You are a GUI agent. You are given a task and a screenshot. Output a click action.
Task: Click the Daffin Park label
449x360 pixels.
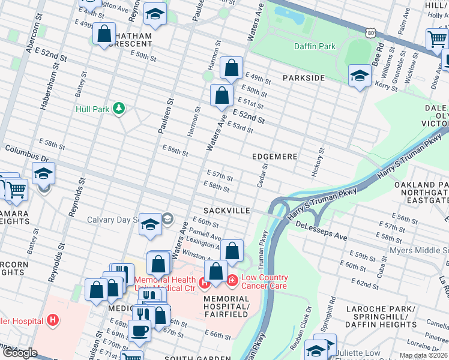[x=315, y=46]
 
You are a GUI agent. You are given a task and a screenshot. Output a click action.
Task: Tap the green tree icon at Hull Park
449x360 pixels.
[x=119, y=108]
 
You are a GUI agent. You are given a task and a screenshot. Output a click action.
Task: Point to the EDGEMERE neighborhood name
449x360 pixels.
[x=274, y=157]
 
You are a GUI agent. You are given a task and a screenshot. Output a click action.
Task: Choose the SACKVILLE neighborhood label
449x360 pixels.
[x=226, y=211]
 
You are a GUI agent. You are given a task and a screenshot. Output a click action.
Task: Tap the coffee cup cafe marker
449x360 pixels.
[x=139, y=329]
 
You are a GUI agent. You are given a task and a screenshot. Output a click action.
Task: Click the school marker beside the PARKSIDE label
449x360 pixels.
[x=360, y=75]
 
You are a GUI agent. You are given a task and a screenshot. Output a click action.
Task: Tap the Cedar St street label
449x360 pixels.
[x=262, y=175]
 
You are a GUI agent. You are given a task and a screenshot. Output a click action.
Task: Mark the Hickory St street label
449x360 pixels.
[x=318, y=162]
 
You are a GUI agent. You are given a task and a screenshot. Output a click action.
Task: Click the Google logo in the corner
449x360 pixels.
[x=19, y=353]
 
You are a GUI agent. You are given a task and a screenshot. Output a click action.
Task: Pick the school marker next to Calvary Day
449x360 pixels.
[x=150, y=223]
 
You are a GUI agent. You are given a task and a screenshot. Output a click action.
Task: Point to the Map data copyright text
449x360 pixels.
[x=423, y=355]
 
